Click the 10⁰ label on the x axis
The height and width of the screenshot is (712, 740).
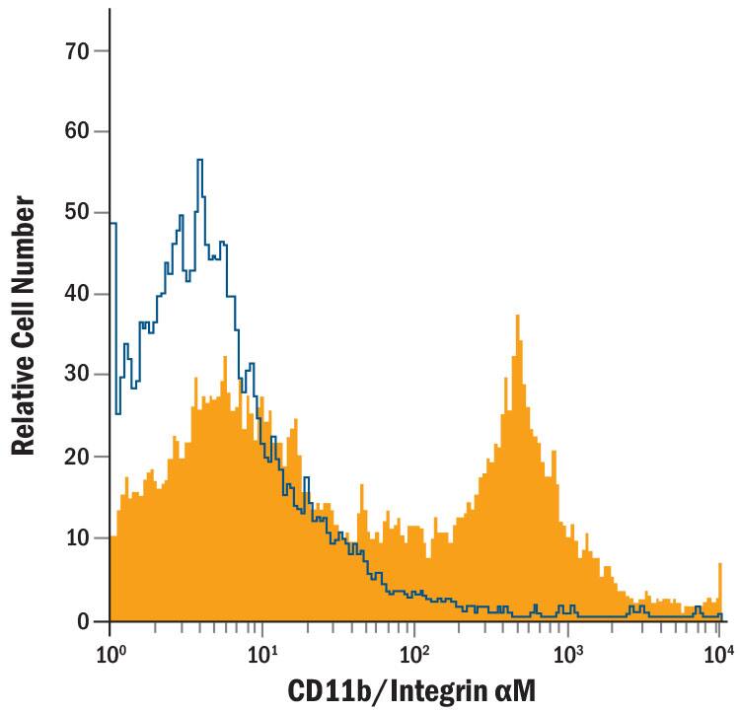click(x=111, y=653)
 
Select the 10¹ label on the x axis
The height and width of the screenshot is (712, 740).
click(x=262, y=653)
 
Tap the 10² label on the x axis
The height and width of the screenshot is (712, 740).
click(x=415, y=653)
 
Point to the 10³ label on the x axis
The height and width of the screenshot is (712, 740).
click(x=567, y=653)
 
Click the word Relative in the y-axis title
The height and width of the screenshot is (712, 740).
click(x=27, y=400)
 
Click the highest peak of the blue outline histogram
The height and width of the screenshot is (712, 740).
click(x=199, y=160)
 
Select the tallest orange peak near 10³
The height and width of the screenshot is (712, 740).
click(x=517, y=317)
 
